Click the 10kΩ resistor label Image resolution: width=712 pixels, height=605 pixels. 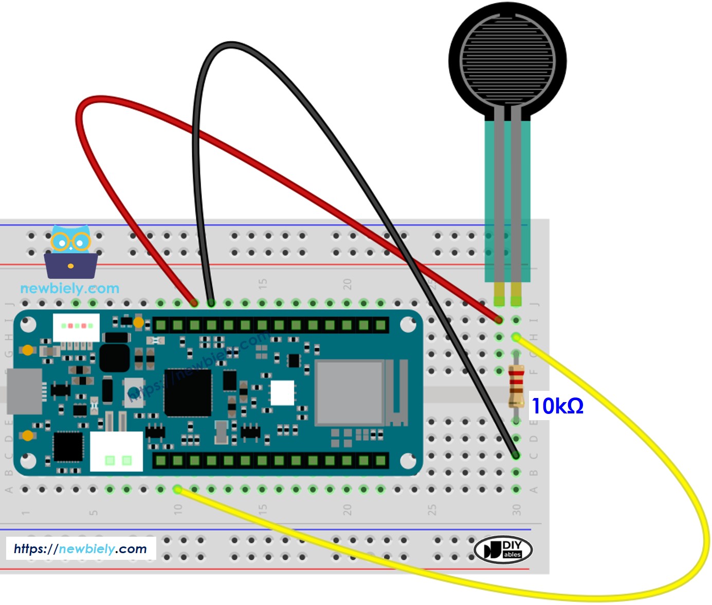[557, 406]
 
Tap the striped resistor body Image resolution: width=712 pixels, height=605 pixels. [516, 385]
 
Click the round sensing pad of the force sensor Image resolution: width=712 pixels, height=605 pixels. [507, 60]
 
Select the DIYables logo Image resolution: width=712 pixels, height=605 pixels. [503, 550]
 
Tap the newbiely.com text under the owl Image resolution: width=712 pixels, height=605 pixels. [69, 288]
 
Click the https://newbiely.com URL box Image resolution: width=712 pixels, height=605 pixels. [81, 549]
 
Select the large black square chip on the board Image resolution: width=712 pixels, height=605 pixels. [188, 393]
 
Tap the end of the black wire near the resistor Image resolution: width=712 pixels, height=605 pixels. [516, 455]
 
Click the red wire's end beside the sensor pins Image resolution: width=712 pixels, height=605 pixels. [498, 319]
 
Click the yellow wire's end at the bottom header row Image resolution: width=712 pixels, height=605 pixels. [178, 489]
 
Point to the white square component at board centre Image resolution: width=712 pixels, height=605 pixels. [282, 393]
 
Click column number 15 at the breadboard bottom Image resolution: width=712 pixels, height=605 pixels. [263, 509]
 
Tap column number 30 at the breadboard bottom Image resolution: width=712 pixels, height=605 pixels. [516, 509]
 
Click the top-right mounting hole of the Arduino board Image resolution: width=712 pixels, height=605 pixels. [408, 324]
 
